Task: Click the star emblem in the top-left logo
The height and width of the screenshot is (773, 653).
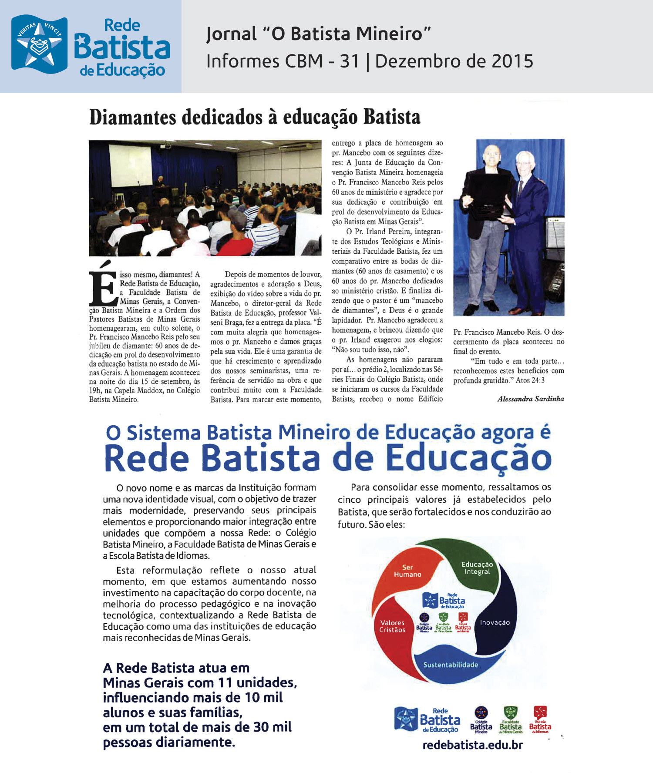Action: (39, 44)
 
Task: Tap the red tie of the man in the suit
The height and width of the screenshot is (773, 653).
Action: (521, 187)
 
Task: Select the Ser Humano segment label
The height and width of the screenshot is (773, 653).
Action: (407, 571)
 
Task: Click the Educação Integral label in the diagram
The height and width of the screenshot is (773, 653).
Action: (477, 568)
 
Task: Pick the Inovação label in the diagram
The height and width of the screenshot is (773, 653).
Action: (495, 622)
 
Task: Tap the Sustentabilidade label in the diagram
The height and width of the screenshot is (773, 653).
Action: (451, 665)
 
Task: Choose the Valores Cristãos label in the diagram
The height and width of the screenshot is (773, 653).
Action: (392, 626)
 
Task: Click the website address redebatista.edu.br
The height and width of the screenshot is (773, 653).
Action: (472, 745)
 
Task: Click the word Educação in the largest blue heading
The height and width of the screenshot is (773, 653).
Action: (468, 458)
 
